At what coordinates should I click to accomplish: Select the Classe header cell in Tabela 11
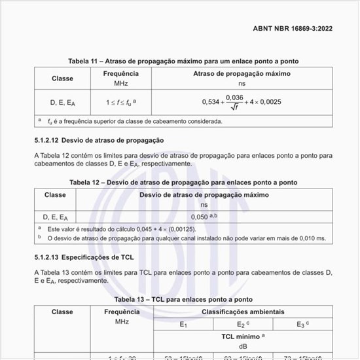pyautogui.click(x=62, y=79)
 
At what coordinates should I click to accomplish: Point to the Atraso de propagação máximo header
pyautogui.click(x=242, y=74)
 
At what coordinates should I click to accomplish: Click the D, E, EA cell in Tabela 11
pyautogui.click(x=62, y=103)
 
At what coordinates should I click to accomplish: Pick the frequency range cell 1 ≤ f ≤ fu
pyautogui.click(x=120, y=103)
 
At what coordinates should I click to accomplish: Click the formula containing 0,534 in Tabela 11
pyautogui.click(x=242, y=102)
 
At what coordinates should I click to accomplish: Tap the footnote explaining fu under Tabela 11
pyautogui.click(x=134, y=121)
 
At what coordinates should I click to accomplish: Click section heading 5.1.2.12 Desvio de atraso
pyautogui.click(x=99, y=141)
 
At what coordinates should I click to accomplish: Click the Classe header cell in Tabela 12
pyautogui.click(x=55, y=194)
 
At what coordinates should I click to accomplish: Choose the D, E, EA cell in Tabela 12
pyautogui.click(x=55, y=216)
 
